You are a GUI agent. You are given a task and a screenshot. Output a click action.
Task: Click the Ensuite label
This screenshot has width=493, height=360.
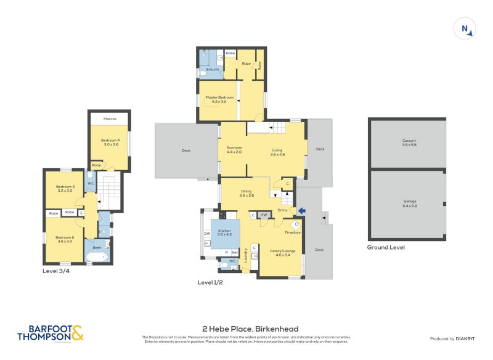[x=213, y=69]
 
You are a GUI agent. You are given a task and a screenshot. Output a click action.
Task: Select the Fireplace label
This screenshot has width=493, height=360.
[x=292, y=232]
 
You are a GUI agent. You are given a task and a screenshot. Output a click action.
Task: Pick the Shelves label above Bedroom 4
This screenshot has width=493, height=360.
[x=110, y=118]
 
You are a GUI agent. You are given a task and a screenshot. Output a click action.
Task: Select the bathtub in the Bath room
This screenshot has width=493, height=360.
[x=97, y=256]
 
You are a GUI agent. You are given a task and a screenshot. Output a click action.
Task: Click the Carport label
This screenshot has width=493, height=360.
[x=409, y=142]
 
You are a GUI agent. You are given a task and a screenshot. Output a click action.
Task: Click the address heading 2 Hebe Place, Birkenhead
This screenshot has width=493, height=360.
[x=250, y=329]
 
